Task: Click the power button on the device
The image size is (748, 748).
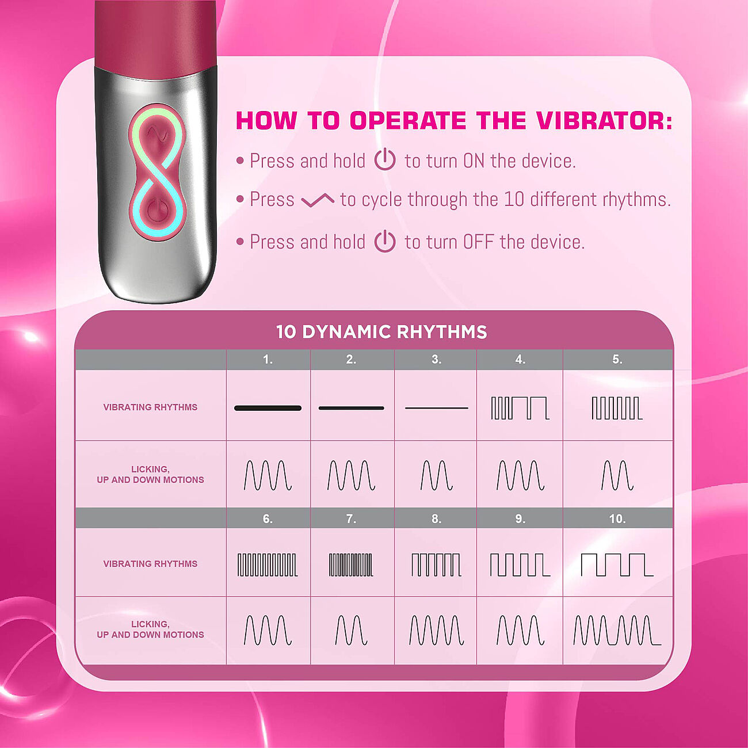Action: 157,211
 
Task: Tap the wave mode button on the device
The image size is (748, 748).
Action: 157,134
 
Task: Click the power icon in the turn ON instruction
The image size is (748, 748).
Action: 385,159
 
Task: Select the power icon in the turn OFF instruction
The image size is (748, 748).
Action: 385,241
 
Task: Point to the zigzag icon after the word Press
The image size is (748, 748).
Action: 318,200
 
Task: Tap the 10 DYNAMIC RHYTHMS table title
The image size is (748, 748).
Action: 381,332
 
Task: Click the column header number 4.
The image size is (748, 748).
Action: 520,360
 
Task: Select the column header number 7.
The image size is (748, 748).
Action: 352,518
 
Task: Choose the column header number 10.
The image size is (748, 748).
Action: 617,518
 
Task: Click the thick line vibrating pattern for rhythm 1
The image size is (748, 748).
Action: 268,408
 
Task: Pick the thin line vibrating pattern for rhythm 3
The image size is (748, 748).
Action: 436,408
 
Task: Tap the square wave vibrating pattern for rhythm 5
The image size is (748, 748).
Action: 617,408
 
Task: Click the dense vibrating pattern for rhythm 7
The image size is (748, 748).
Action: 351,565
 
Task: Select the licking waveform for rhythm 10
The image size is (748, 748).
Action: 617,631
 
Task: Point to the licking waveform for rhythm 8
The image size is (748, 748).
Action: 436,631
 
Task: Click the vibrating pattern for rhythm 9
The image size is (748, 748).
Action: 520,565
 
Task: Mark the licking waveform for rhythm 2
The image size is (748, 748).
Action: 352,475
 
